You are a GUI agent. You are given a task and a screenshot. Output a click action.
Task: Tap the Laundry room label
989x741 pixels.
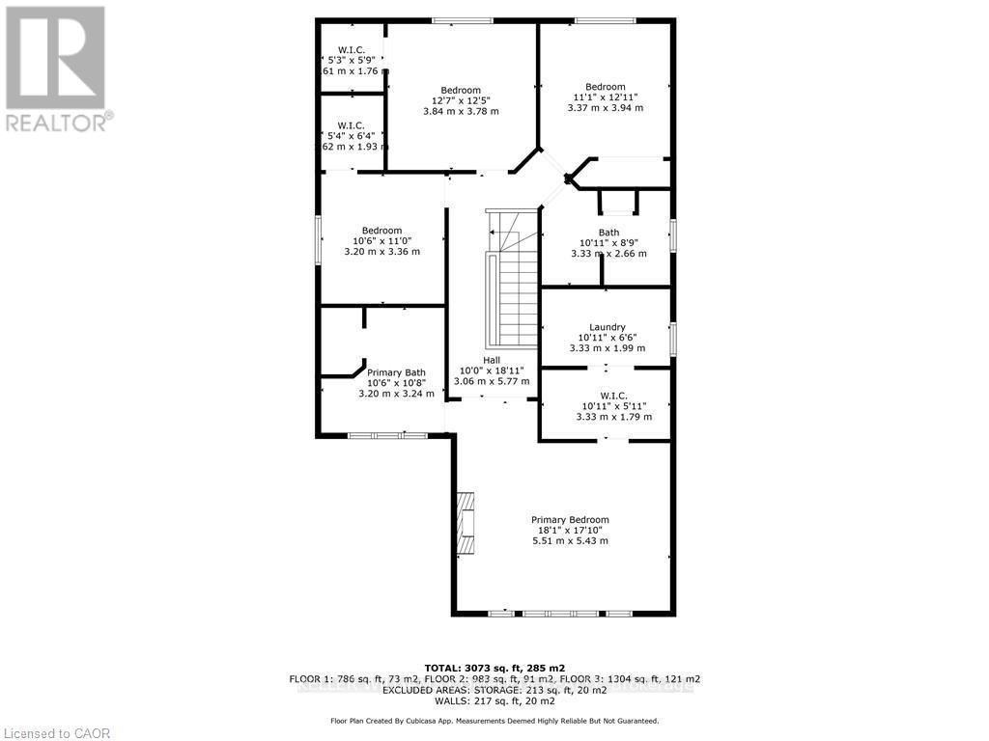[x=608, y=327]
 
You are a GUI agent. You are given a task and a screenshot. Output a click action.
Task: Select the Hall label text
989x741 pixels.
[x=492, y=360]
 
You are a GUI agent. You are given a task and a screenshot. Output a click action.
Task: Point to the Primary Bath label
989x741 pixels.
[x=396, y=372]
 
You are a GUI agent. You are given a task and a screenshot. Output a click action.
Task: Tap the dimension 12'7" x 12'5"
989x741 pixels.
[x=460, y=100]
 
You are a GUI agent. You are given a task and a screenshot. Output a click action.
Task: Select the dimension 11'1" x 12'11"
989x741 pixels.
[x=605, y=97]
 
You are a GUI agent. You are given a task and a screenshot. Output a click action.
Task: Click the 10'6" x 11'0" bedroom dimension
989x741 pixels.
[x=382, y=241]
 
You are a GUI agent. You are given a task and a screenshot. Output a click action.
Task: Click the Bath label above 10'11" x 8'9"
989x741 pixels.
[x=608, y=233]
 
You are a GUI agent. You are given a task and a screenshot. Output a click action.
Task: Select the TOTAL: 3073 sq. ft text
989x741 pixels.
[x=494, y=668]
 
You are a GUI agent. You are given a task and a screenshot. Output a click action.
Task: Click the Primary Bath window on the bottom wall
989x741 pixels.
[x=387, y=436]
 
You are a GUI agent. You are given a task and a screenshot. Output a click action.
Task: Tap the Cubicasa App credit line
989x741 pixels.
[x=494, y=721]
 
